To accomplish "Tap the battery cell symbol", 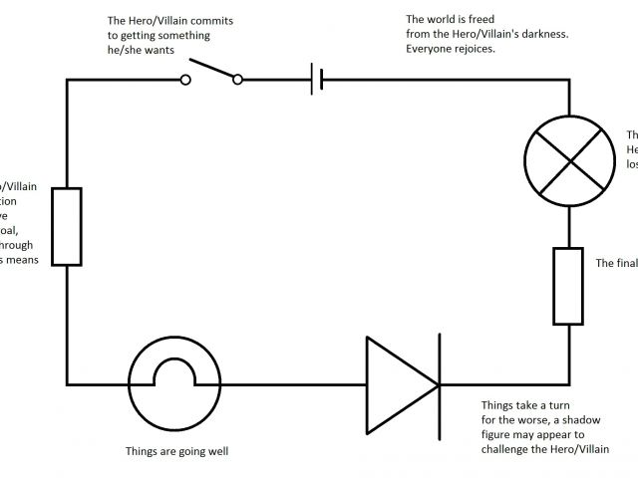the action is click(x=316, y=80).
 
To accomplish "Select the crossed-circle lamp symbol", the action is click(x=569, y=159).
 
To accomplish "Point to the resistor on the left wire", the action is click(x=67, y=226).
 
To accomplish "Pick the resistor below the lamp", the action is click(x=568, y=286).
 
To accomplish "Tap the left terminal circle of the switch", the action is click(x=185, y=81).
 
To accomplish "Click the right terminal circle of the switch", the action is click(x=237, y=81).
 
